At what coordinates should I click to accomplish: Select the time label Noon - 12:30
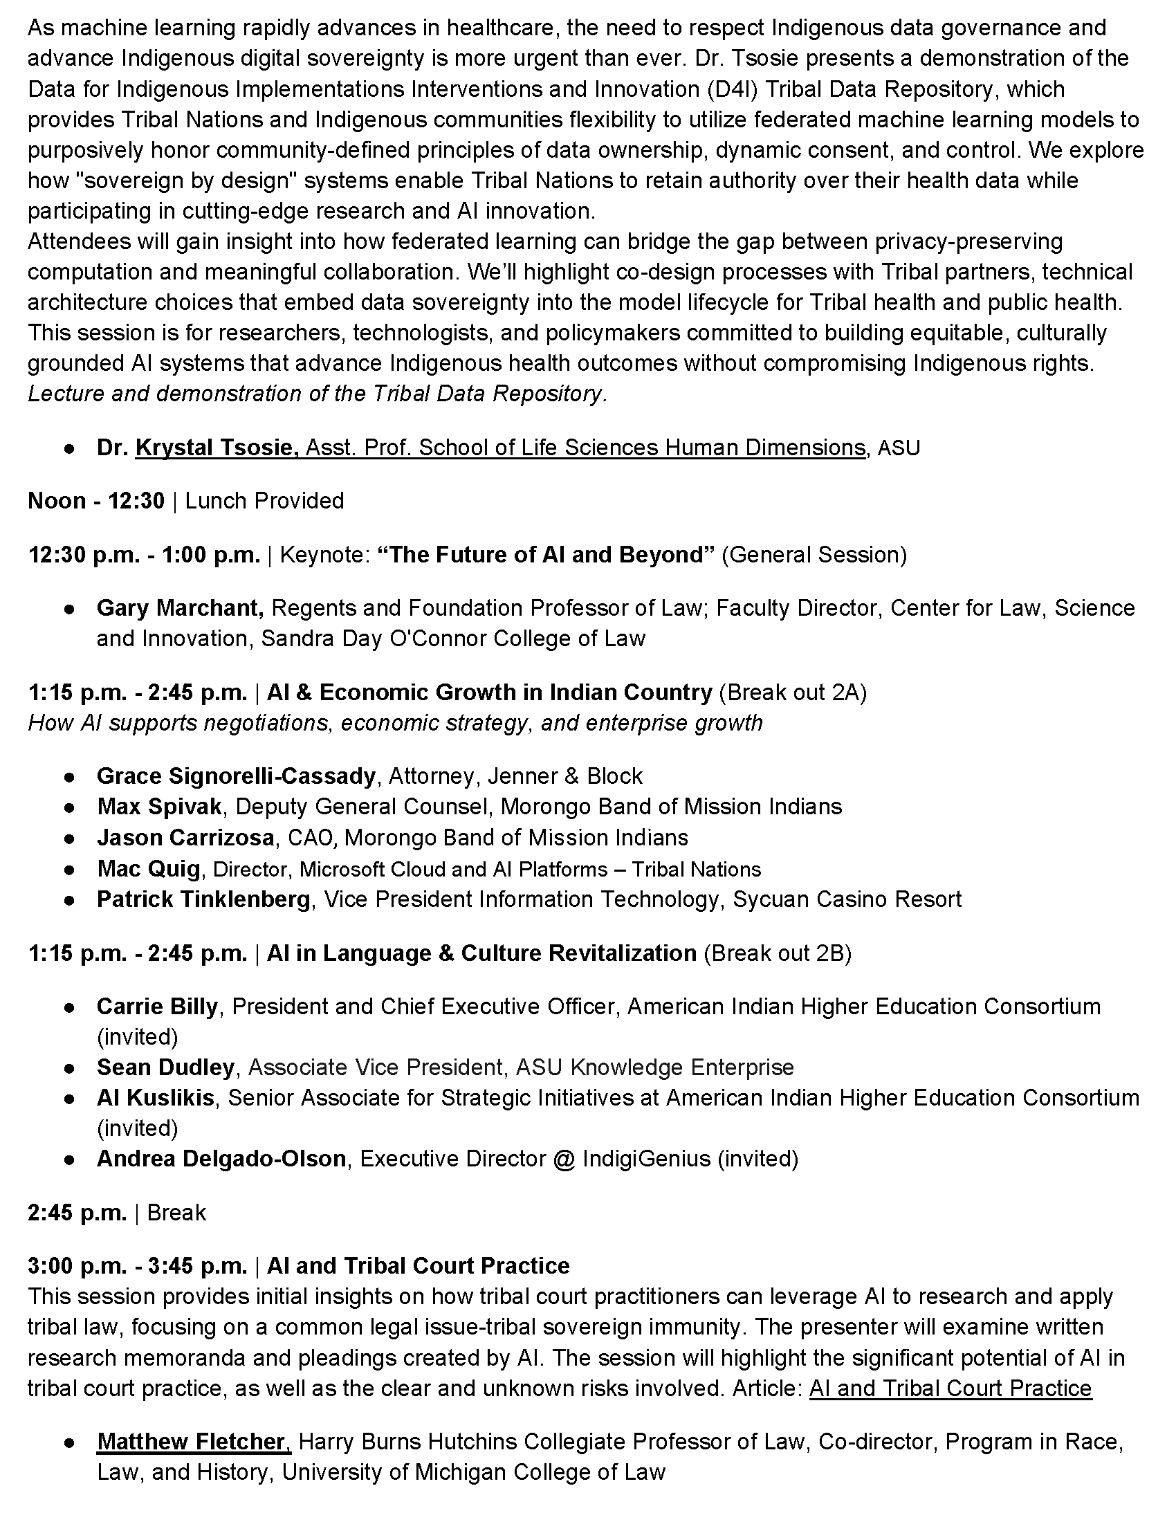96,501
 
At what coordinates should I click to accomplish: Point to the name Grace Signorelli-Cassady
236,776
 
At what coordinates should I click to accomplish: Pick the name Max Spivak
160,807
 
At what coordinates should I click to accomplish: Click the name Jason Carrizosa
185,838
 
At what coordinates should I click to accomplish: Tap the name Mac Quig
149,869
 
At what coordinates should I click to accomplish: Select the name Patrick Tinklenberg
203,899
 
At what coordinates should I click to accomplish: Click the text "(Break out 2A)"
793,693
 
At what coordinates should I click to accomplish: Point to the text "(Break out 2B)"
778,953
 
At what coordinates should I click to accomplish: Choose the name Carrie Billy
158,1007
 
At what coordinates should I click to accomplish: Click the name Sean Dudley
166,1067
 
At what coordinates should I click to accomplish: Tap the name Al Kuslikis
156,1099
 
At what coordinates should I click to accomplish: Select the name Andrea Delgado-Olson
221,1159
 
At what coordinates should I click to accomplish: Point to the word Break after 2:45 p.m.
176,1213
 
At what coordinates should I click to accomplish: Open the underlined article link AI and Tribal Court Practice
950,1388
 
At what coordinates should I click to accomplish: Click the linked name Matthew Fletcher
194,1442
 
